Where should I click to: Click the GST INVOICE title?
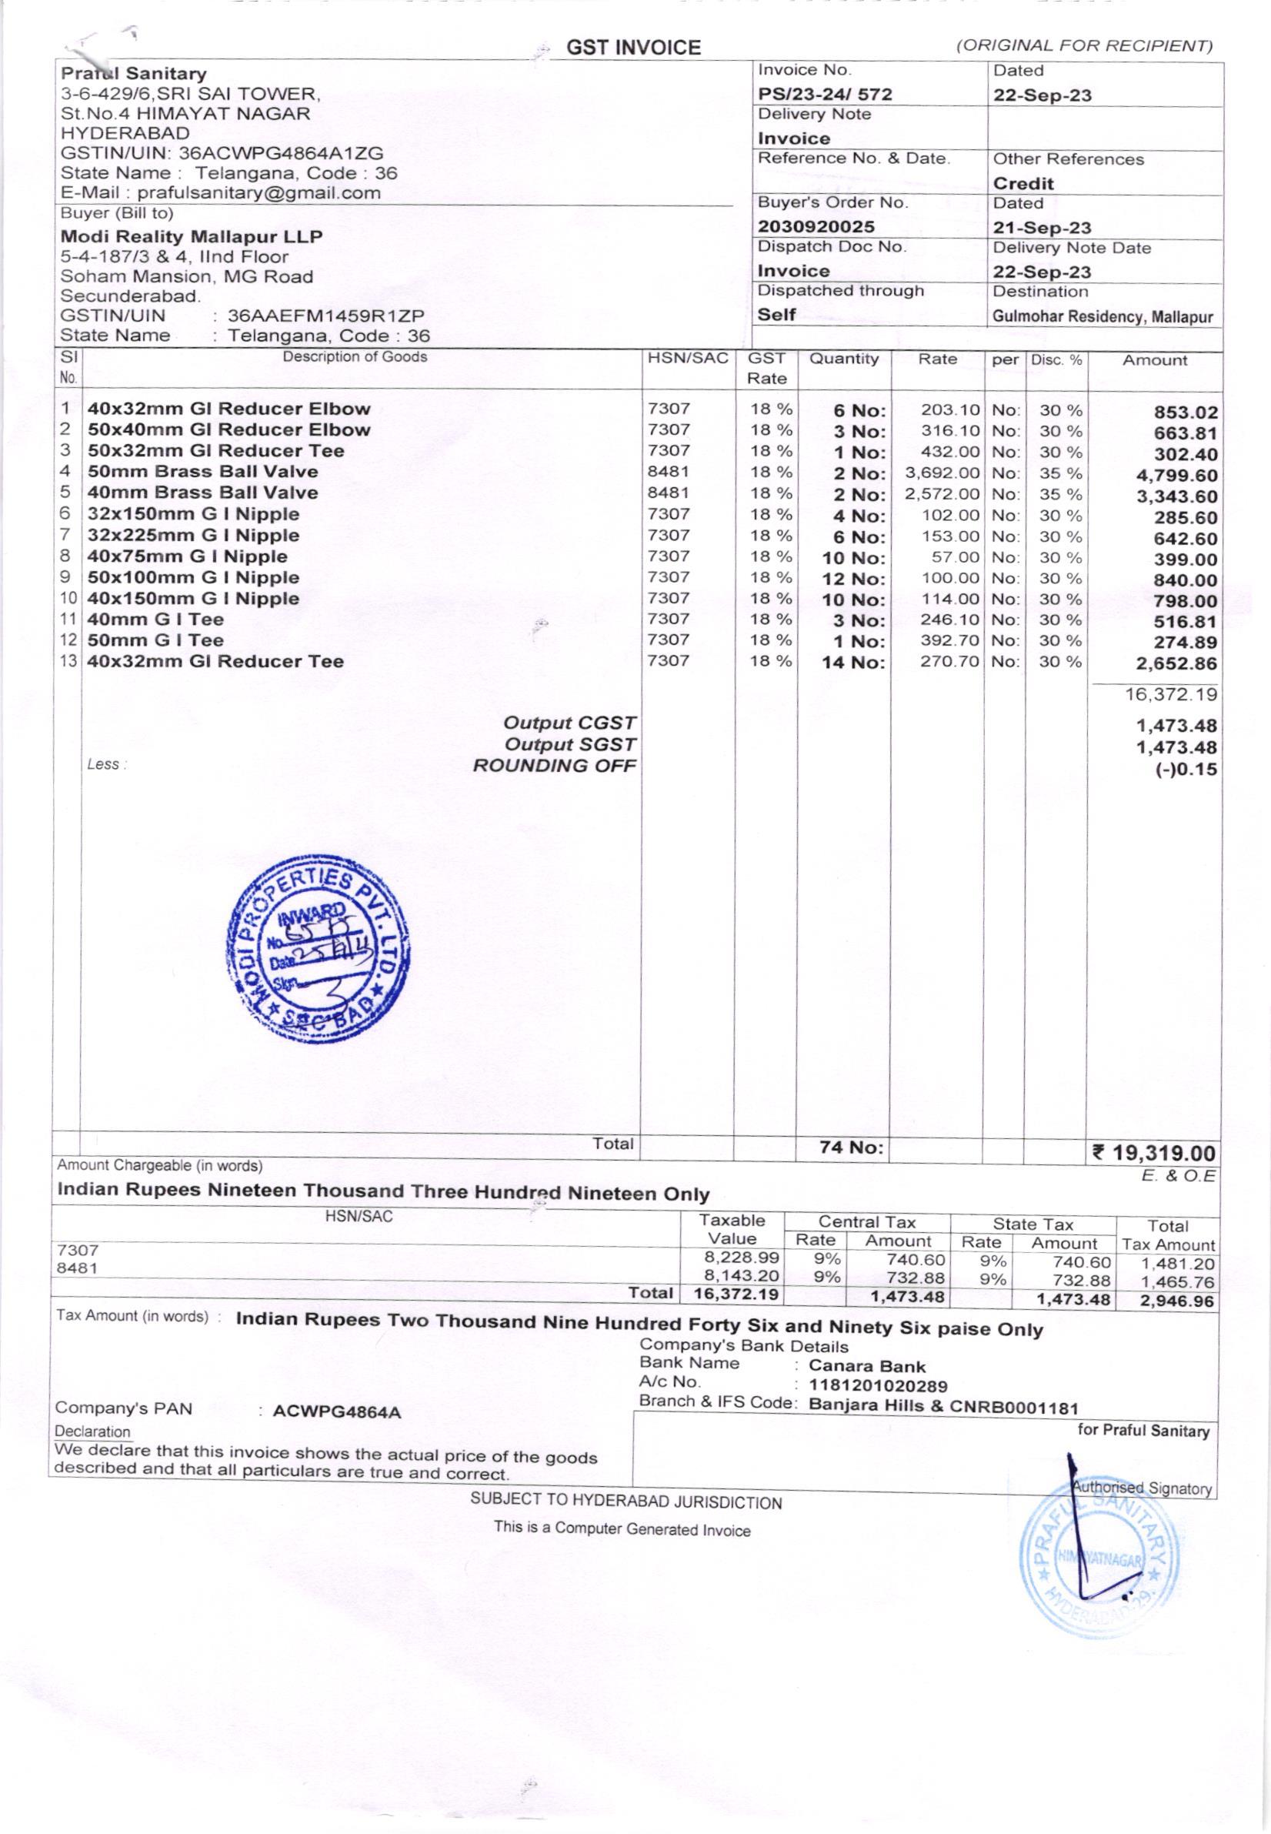[633, 48]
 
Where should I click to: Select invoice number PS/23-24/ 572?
[824, 94]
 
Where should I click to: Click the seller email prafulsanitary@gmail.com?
[259, 193]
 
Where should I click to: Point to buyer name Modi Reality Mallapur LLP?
[192, 236]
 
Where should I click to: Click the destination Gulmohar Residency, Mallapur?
[1103, 316]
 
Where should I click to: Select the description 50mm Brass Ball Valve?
[202, 472]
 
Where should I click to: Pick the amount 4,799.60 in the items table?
[1177, 476]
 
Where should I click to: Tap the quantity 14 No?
[853, 662]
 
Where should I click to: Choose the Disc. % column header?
[1056, 359]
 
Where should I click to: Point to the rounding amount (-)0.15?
[1186, 770]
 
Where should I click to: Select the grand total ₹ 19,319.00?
[1154, 1153]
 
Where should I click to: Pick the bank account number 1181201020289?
[878, 1386]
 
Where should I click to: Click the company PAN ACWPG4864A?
[336, 1412]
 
